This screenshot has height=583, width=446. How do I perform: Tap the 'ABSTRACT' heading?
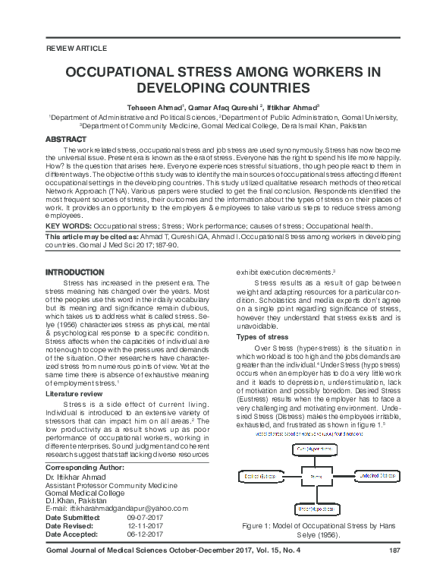(66, 140)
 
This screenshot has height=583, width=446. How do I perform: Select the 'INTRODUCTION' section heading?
(74, 271)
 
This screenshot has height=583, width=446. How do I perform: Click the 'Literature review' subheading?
(80, 395)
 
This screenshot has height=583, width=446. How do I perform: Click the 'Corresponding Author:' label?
(85, 468)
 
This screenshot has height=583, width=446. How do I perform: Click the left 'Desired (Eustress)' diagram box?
(259, 476)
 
